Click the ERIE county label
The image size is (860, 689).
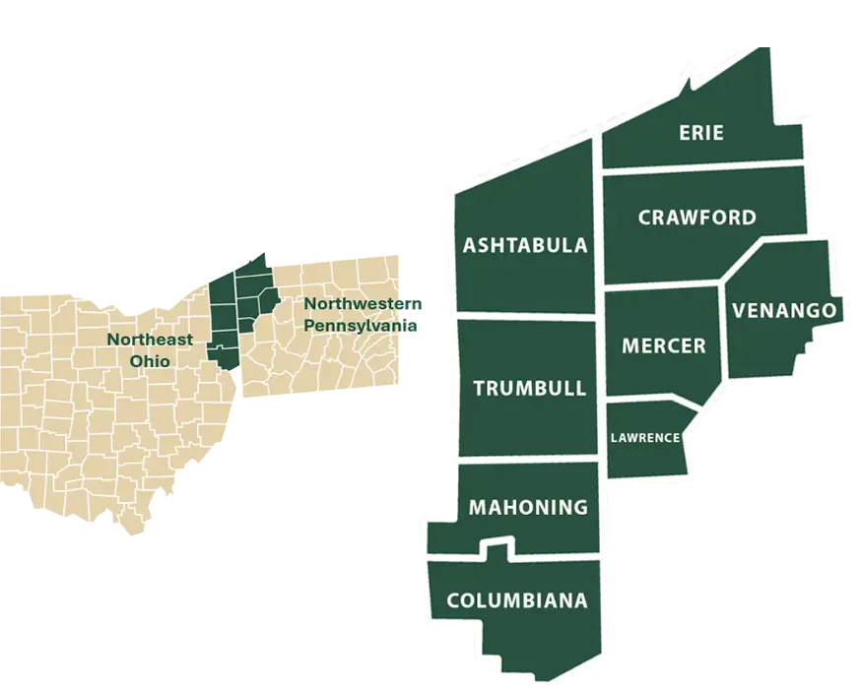(x=701, y=132)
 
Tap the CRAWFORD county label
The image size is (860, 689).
(x=696, y=218)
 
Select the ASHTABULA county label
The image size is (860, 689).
(x=525, y=245)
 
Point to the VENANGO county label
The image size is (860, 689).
(x=784, y=311)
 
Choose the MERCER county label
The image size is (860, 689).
(x=663, y=345)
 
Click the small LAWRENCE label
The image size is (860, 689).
(x=644, y=437)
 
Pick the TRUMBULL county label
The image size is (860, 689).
(x=529, y=388)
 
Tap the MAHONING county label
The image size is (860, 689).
(x=528, y=508)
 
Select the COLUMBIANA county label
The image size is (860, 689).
(x=516, y=600)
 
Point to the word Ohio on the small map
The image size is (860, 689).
(x=150, y=360)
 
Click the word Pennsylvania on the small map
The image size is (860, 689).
(x=360, y=325)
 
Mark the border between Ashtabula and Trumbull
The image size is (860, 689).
(x=527, y=317)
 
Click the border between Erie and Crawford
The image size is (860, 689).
(x=701, y=169)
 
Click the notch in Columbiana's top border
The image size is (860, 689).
(x=497, y=544)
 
